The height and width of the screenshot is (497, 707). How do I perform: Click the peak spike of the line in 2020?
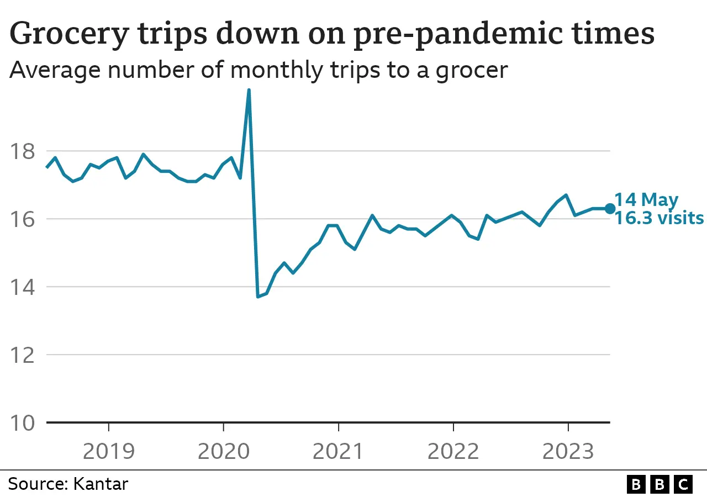pos(249,91)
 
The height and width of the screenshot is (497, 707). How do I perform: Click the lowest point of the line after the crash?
pos(258,297)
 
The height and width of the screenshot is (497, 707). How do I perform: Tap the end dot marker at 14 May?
pos(610,208)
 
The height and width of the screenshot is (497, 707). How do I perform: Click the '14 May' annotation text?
pos(646,199)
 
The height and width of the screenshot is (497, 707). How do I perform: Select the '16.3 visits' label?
pos(659,218)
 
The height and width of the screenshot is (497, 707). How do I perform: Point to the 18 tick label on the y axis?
pos(22,151)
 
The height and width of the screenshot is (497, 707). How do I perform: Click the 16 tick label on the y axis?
pos(22,219)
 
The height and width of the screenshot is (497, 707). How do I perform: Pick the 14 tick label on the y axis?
pos(22,287)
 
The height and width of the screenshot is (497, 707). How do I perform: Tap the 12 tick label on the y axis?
pos(22,355)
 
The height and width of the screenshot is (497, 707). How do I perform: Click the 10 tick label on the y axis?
pos(22,423)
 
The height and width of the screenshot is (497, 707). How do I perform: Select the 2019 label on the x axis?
pos(108,451)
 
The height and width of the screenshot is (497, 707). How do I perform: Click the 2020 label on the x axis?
pos(223,451)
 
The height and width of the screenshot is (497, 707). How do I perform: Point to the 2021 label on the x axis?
pos(338,451)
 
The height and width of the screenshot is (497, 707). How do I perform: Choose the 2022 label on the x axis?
pos(453,451)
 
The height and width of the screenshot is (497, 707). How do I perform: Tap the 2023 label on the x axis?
pos(568,451)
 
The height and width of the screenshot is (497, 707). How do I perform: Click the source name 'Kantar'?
pos(100,484)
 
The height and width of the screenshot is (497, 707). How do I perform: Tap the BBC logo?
pos(659,484)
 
